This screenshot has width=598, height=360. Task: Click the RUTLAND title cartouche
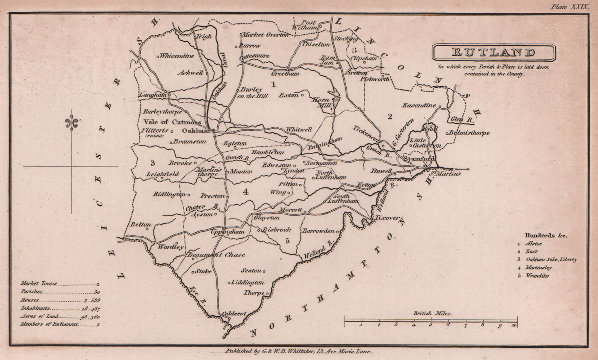point(493,53)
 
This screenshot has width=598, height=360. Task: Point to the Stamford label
point(420,159)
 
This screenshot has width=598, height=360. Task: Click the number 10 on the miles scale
point(515,325)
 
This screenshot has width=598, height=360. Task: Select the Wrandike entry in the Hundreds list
point(537,276)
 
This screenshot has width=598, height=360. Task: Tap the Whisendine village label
point(176,56)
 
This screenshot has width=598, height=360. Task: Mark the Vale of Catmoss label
point(172,122)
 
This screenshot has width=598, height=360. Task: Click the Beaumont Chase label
point(216,255)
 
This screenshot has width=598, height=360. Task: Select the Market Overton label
point(265,35)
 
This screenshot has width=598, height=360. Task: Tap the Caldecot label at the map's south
point(234,313)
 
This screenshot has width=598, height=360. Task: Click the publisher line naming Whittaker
point(298,351)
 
